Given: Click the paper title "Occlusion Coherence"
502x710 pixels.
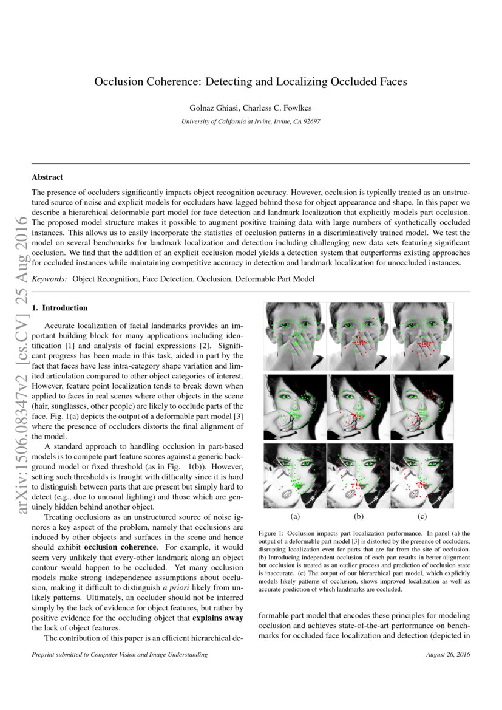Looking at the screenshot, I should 250,81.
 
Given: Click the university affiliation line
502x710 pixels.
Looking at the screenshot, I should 251,121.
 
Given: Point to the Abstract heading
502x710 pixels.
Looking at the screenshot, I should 47,177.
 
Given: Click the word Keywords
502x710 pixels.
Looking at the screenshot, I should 49,278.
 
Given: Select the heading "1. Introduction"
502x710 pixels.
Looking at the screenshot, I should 59,308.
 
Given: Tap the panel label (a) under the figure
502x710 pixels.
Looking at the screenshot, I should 296,517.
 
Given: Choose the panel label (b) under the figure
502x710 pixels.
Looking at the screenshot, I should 359,517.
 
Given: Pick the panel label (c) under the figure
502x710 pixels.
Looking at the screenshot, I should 422,517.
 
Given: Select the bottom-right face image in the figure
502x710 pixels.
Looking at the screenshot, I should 422,476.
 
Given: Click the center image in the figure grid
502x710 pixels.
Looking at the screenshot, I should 359,406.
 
